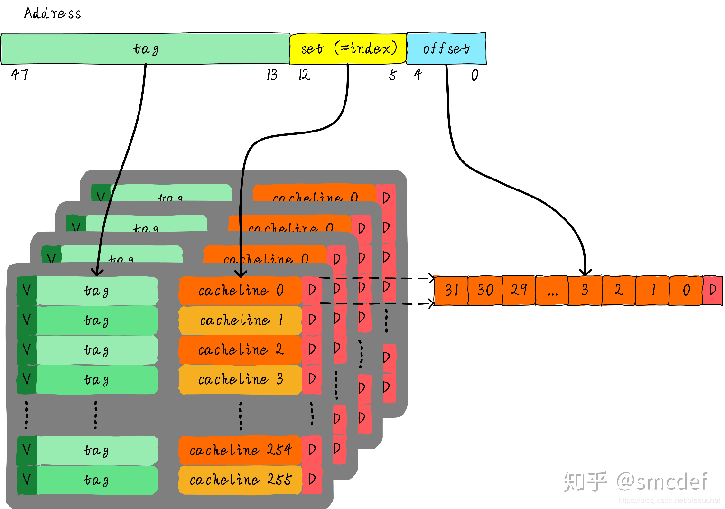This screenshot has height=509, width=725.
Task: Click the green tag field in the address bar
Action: (x=145, y=48)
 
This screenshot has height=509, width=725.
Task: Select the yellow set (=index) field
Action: (x=348, y=48)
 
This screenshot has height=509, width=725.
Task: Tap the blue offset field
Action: (x=446, y=48)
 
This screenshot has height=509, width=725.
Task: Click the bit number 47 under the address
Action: (x=20, y=75)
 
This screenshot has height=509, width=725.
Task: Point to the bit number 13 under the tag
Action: (x=272, y=75)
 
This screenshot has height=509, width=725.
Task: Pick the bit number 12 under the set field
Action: (x=304, y=75)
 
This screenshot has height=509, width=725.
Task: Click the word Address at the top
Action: (x=52, y=13)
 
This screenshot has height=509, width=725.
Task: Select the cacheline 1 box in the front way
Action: (x=240, y=320)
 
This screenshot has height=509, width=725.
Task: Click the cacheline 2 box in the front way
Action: (x=240, y=350)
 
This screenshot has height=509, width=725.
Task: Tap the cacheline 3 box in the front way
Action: (x=240, y=379)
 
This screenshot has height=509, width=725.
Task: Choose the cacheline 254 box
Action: (x=240, y=450)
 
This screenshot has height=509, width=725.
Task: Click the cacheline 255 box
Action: (x=240, y=480)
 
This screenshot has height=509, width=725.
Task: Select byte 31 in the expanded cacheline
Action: (x=451, y=290)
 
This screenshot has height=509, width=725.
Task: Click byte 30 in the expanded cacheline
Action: (x=485, y=290)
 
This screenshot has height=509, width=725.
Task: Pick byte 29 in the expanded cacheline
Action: (x=519, y=290)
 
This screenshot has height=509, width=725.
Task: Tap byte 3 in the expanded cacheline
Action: (x=585, y=290)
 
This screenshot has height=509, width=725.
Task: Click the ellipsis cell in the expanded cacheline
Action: (x=552, y=290)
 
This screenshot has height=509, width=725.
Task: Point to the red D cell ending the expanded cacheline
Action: (x=712, y=290)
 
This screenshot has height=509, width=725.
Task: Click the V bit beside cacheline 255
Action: (x=27, y=480)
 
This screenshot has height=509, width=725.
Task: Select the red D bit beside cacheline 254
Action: (x=312, y=450)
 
